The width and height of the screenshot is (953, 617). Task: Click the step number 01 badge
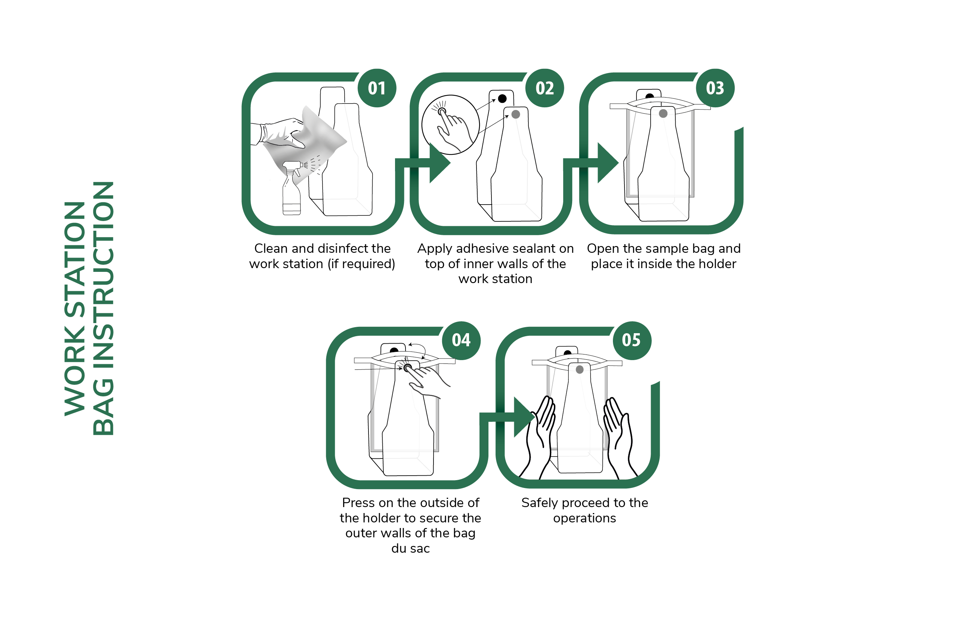(376, 88)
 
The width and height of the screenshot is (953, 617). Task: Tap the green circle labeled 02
(545, 88)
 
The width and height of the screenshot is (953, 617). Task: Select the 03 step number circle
(715, 88)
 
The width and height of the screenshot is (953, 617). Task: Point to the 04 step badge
(461, 341)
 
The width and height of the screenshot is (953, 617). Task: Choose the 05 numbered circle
(632, 341)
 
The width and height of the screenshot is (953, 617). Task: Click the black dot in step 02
(502, 99)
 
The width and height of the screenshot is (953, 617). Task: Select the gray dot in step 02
(516, 114)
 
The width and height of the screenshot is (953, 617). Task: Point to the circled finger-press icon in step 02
(450, 125)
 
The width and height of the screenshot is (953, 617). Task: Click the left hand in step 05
(538, 439)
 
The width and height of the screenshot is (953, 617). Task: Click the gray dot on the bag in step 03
(663, 113)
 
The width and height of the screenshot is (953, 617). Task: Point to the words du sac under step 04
(410, 549)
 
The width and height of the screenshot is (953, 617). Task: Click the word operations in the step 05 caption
(585, 518)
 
